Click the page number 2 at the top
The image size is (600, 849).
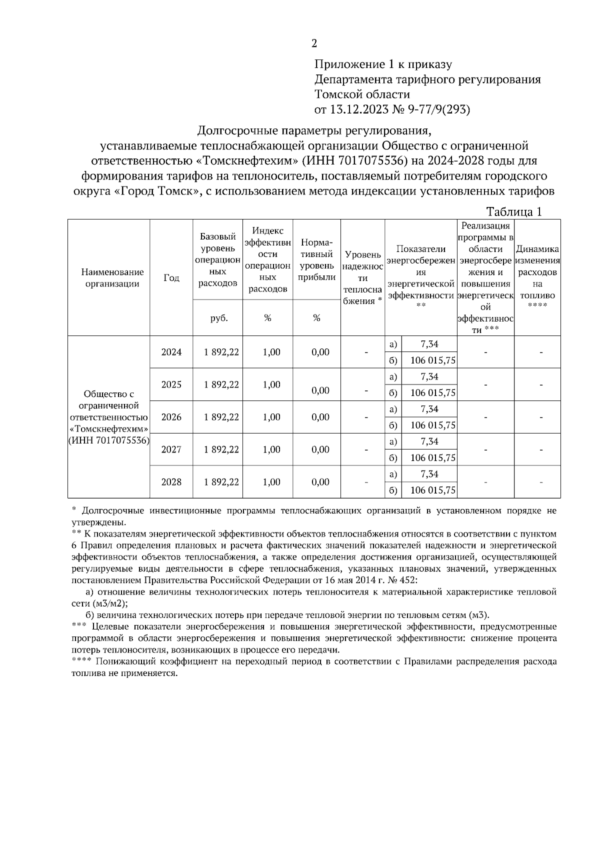point(314,43)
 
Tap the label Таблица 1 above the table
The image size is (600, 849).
point(514,212)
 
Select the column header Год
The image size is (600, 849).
point(171,278)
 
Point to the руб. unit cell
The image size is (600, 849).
point(218,318)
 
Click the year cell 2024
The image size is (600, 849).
point(171,352)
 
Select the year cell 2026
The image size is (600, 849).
point(171,417)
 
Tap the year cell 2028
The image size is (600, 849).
point(171,482)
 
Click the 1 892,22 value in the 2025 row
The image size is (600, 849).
point(221,384)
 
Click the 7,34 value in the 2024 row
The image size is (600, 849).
point(429,344)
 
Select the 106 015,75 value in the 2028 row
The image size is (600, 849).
point(432,490)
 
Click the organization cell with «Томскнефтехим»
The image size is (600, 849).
point(109,417)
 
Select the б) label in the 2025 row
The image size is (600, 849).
point(393,393)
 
